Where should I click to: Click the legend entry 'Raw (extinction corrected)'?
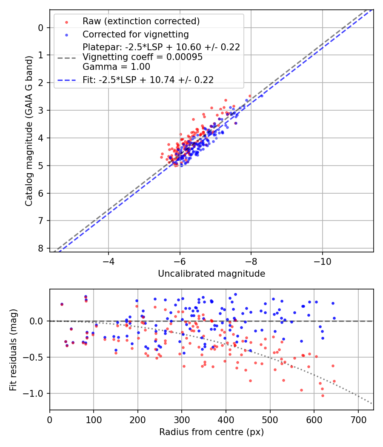141,21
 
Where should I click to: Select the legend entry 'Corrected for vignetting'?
135,34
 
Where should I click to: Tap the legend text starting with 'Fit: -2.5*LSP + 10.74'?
148,80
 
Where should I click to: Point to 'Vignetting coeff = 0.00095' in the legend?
143,57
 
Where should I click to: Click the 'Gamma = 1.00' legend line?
116,66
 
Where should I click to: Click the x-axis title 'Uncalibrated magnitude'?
212,274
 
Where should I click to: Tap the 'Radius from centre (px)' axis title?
212,432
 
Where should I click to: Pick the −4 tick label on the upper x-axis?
109,261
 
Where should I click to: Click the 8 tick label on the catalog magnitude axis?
41,248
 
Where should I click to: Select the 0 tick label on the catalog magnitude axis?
41,28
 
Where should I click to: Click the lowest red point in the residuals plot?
263,395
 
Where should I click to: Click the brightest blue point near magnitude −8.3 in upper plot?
261,96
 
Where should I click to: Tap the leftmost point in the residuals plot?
62,304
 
